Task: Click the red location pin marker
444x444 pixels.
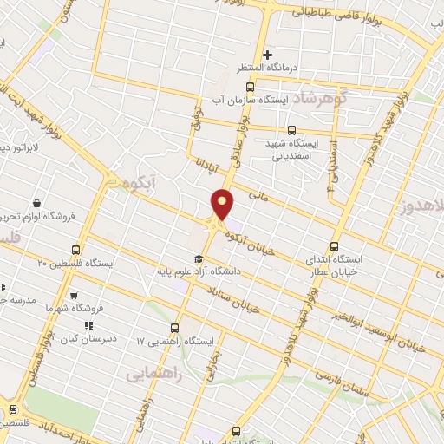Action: tap(223, 205)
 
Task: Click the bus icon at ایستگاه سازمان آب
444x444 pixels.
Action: tap(251, 88)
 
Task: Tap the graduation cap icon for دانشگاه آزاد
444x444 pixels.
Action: tap(198, 258)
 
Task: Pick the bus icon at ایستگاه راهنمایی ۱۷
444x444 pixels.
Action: tap(176, 328)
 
